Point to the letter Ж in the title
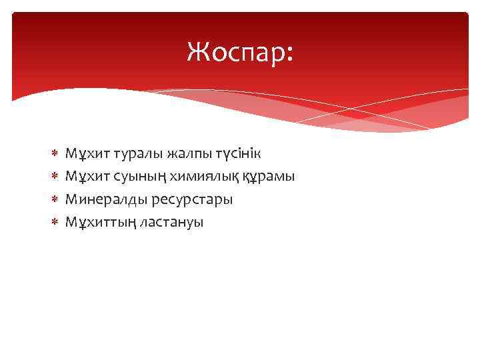tap(197, 51)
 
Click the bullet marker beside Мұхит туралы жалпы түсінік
tap(55, 154)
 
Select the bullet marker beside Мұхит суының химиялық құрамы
tap(55, 177)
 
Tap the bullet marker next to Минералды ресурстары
tap(55, 199)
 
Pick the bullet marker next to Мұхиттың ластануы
tap(55, 222)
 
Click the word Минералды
tap(101, 199)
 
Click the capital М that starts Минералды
tap(71, 199)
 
